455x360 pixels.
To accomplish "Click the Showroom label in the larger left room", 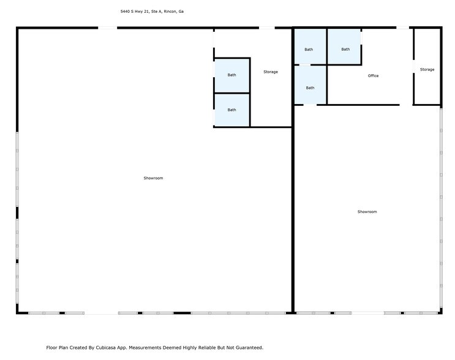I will [153, 178].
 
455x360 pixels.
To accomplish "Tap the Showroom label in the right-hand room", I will [367, 212].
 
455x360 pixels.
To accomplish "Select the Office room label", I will [373, 76].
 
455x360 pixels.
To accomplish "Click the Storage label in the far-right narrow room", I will [427, 70].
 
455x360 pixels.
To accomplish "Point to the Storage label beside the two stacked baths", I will [270, 72].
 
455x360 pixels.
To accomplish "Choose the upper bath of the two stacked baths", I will [231, 75].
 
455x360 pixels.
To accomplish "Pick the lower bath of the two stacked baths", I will [231, 110].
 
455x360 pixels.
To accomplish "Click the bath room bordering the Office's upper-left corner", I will [345, 50].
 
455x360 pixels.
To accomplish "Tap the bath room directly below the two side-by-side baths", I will [310, 88].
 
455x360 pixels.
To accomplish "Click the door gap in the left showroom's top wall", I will [108, 28].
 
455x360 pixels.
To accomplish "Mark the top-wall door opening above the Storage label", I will [266, 28].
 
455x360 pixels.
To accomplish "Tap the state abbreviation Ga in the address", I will [181, 11].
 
